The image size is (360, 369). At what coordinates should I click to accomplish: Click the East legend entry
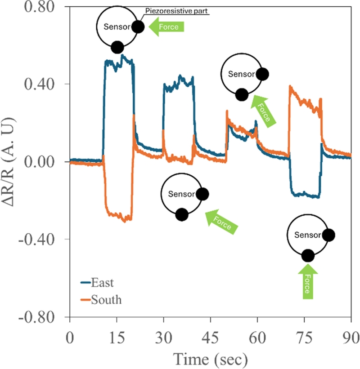[x=102, y=283]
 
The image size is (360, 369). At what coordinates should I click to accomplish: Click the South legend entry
[x=105, y=299]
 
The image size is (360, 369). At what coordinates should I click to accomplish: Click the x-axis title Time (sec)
[x=210, y=358]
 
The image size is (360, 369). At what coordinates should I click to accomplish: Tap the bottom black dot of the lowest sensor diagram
[x=308, y=256]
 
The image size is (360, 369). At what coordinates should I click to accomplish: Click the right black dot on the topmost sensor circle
[x=138, y=27]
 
